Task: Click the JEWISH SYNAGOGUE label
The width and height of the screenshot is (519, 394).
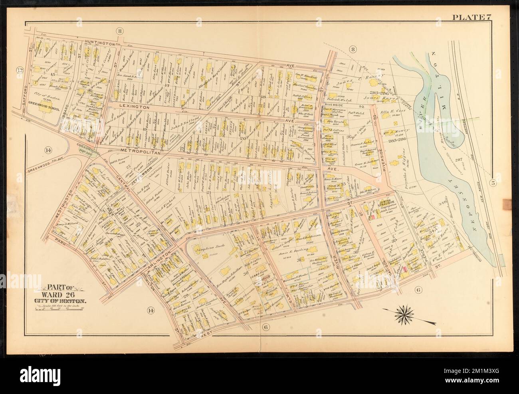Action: click(x=385, y=204)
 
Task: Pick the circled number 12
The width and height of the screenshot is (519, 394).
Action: click(x=19, y=71)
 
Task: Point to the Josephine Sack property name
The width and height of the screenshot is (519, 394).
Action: click(x=208, y=252)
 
